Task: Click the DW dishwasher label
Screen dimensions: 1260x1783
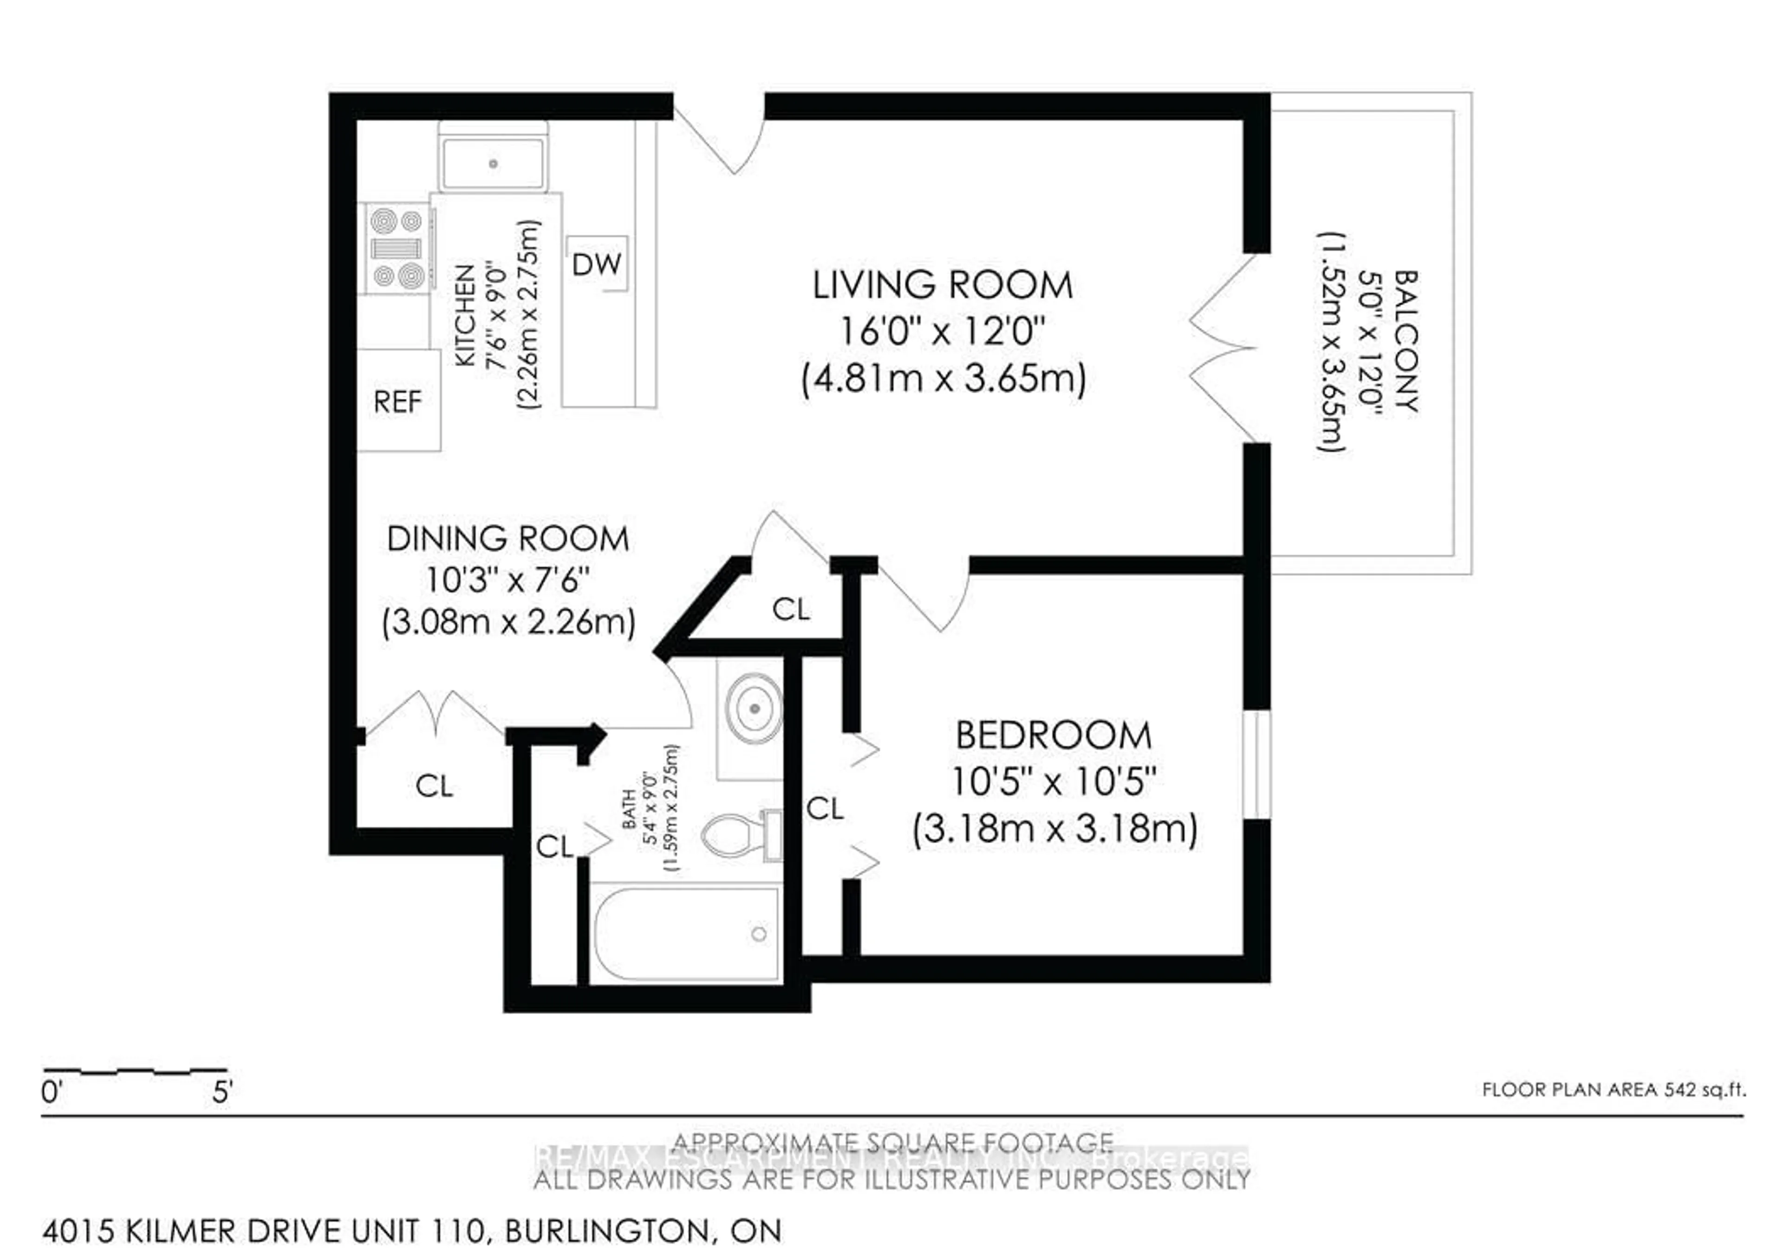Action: [596, 265]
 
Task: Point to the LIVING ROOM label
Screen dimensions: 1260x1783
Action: [942, 285]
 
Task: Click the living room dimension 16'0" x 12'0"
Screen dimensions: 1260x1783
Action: [942, 332]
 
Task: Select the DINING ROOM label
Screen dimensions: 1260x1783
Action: [508, 539]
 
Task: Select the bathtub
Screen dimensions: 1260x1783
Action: [686, 934]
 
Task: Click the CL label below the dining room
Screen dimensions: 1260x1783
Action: [434, 786]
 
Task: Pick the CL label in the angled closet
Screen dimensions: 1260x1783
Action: [791, 610]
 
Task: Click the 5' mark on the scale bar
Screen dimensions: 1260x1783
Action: [222, 1092]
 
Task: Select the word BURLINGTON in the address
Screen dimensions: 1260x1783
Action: [606, 1231]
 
